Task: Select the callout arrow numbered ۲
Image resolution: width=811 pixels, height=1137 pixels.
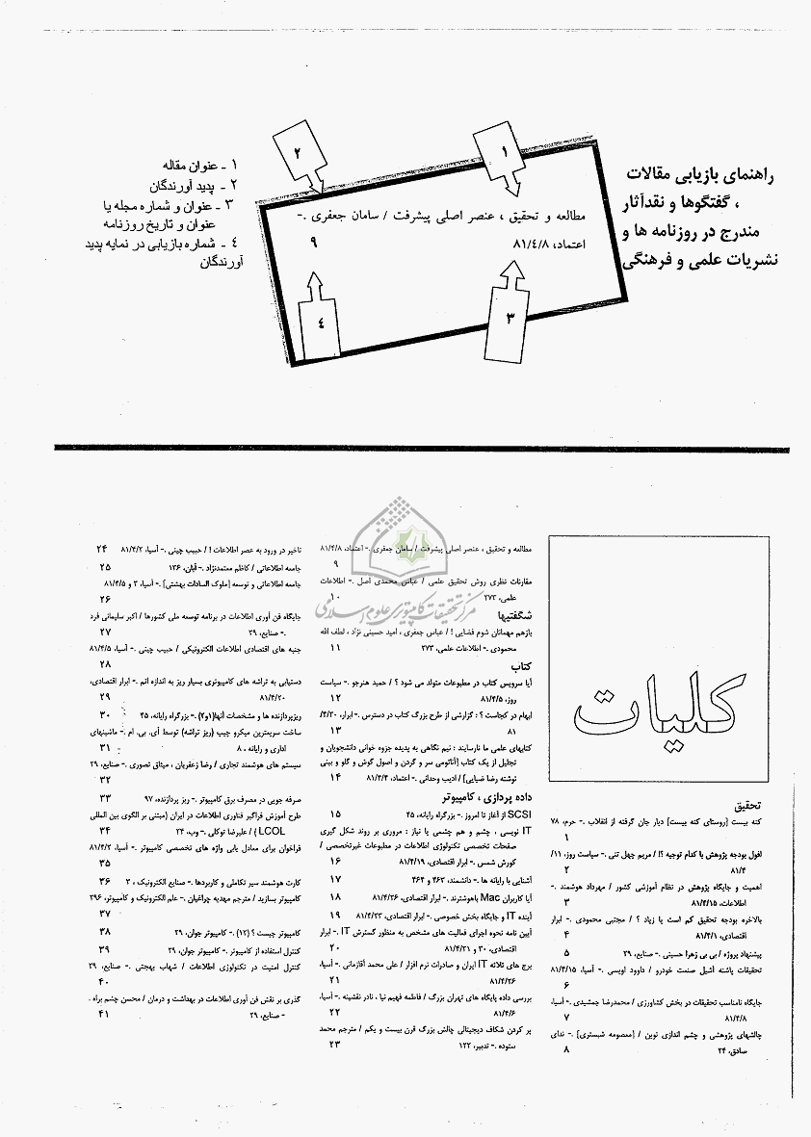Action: tap(298, 157)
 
